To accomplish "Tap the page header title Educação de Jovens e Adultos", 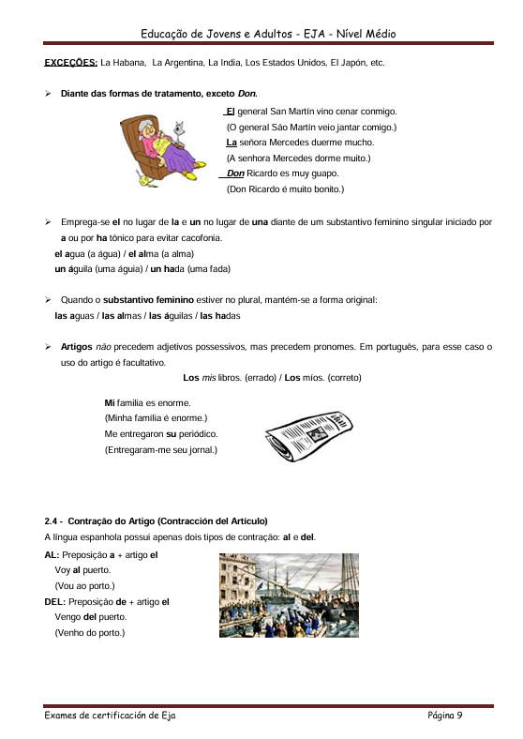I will click(268, 34).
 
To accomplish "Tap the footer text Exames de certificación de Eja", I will click(110, 716).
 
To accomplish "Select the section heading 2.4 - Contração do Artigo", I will click(156, 520).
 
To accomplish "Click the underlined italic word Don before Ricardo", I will click(235, 173).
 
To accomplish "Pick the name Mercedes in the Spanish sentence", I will click(291, 143).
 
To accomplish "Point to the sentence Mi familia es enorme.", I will click(147, 403).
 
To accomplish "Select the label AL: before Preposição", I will click(52, 554).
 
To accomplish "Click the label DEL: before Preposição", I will click(55, 601).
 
